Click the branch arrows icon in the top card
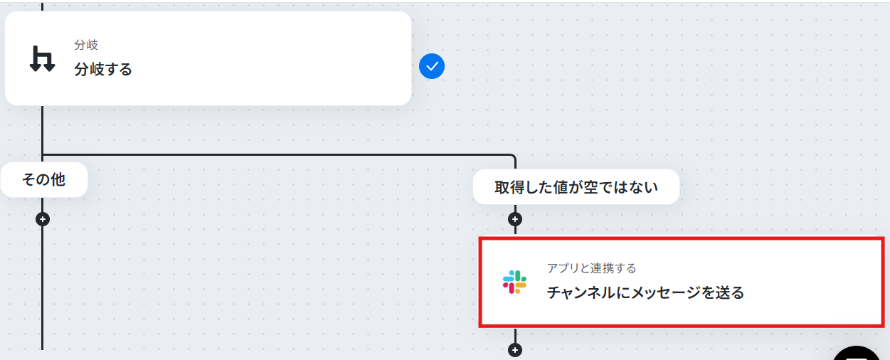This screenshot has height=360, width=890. pyautogui.click(x=42, y=58)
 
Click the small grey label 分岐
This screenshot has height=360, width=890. pyautogui.click(x=86, y=45)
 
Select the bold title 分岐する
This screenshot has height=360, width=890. pyautogui.click(x=103, y=69)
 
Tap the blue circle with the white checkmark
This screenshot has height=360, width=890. pyautogui.click(x=432, y=67)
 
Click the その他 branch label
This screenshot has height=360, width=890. pyautogui.click(x=43, y=180)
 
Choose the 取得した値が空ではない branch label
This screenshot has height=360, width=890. pyautogui.click(x=576, y=188)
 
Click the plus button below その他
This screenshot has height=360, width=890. pyautogui.click(x=43, y=219)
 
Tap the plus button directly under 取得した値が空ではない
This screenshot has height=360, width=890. pyautogui.click(x=515, y=219)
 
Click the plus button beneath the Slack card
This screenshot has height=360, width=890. pyautogui.click(x=515, y=349)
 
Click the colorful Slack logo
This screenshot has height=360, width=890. pyautogui.click(x=514, y=282)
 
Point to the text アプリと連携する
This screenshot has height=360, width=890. pyautogui.click(x=591, y=268)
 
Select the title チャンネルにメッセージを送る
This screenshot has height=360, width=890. pyautogui.click(x=645, y=292)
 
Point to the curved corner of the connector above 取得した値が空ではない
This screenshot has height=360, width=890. pyautogui.click(x=512, y=157)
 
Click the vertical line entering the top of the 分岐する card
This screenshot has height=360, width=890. pyautogui.click(x=43, y=6)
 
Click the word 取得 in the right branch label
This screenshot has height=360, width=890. pyautogui.click(x=509, y=188)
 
